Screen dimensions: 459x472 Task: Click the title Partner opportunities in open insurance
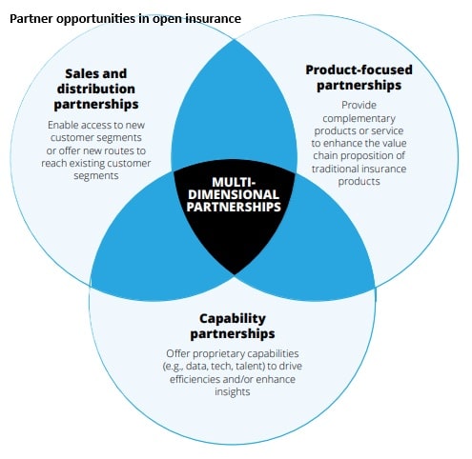125,18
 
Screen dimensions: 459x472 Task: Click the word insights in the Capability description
235,391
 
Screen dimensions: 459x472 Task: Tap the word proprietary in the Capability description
228,354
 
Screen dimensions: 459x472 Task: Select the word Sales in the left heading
83,72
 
